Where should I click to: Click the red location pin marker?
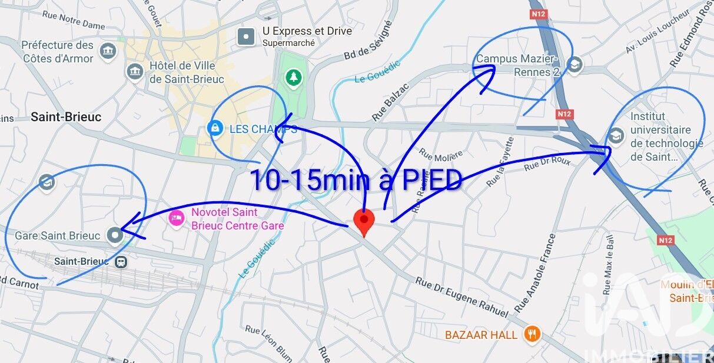point(364,221)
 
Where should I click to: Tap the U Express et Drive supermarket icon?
point(246,37)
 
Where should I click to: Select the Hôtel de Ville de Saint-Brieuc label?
point(182,72)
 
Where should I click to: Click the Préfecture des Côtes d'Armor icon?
point(108,51)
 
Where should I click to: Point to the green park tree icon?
point(293,76)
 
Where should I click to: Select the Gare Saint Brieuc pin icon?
point(114,235)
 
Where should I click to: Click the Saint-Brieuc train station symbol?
point(121,261)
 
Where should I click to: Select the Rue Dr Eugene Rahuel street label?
point(461,297)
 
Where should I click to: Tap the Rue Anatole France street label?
point(535,273)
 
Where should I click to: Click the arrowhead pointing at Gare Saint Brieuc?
point(129,227)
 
